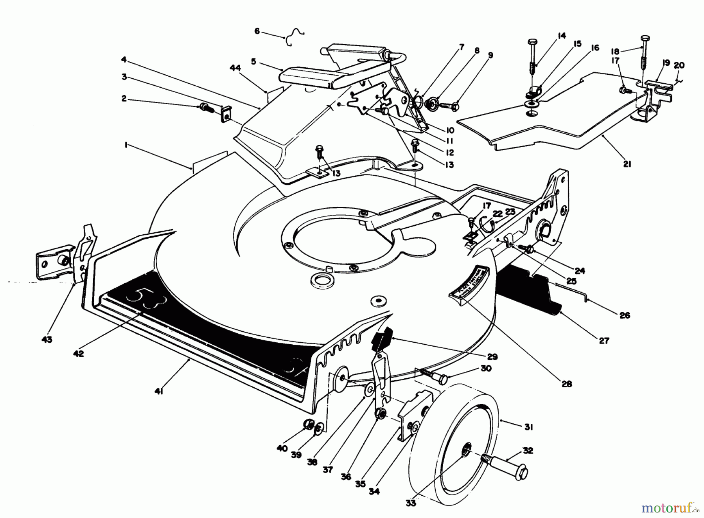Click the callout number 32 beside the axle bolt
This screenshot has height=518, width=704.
coord(528,450)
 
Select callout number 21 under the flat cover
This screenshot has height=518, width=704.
coord(627,164)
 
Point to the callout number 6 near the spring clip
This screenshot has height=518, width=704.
coord(257,31)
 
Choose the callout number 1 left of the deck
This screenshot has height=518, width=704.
coord(126,145)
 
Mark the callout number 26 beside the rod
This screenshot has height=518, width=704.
coord(625,315)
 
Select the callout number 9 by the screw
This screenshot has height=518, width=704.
coord(491,55)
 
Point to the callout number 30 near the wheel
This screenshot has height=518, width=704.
coord(486,368)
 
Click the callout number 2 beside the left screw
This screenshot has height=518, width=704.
coord(124,99)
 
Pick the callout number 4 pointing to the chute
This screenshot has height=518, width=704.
coord(124,59)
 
